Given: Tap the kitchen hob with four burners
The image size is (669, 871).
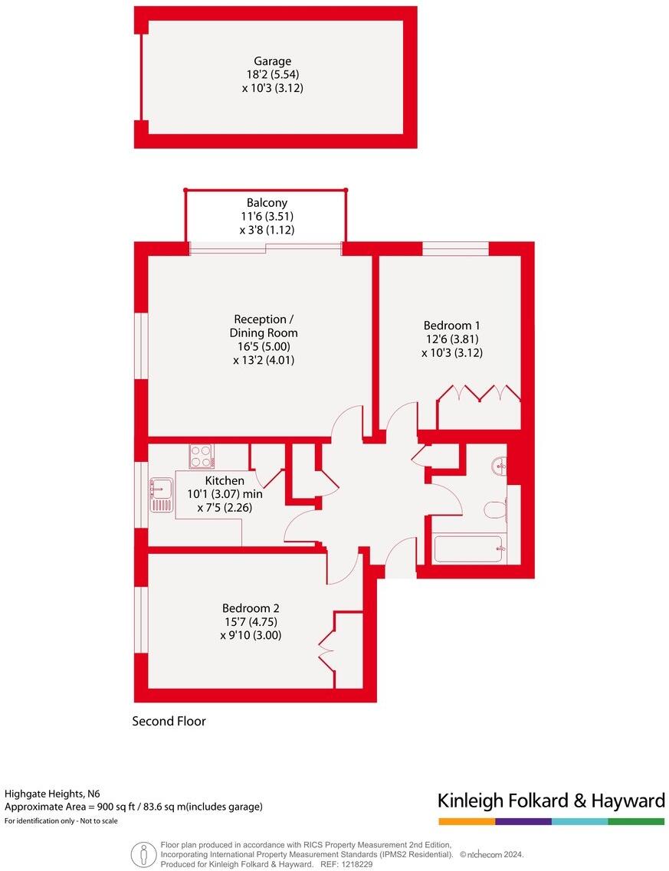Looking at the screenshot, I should [x=202, y=457].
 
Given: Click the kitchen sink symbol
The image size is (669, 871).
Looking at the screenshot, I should [x=162, y=494].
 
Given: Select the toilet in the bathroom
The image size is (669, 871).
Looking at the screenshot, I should [x=496, y=508].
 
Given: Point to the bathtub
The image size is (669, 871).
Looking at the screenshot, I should [x=467, y=549].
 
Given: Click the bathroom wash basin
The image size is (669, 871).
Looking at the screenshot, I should [x=500, y=465].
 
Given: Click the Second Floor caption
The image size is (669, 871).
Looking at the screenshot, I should [x=169, y=721].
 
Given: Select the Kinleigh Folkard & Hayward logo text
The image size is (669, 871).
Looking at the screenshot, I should [x=550, y=801].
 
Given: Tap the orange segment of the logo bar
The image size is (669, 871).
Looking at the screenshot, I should [x=466, y=821].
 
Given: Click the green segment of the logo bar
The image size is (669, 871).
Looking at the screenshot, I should [x=636, y=821].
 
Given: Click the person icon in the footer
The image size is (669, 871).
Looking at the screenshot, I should [x=141, y=853].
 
